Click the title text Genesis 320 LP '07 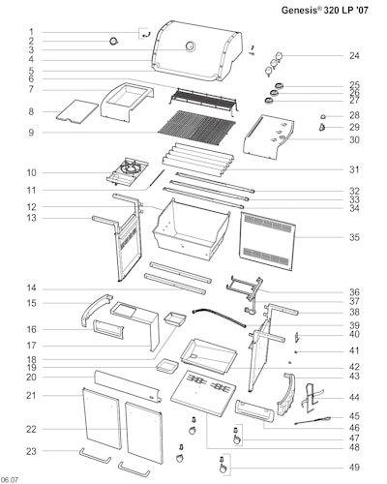tap(325, 10)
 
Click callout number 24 tap(354, 55)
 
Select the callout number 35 tap(354, 237)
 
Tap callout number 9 tap(31, 133)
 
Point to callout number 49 tap(354, 467)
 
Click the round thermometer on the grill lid tap(190, 46)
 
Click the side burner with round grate tap(128, 171)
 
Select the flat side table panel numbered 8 tap(76, 111)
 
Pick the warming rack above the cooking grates tap(204, 100)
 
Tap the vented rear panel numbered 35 tap(267, 241)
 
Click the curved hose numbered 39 tap(220, 318)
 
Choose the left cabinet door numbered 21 tap(102, 418)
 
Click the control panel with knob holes tap(269, 137)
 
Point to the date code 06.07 tap(10, 479)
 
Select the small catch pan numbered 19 tap(167, 366)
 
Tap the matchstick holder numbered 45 tap(313, 420)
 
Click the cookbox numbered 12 tap(191, 229)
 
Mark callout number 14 tap(31, 288)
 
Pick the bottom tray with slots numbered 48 tap(203, 394)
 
